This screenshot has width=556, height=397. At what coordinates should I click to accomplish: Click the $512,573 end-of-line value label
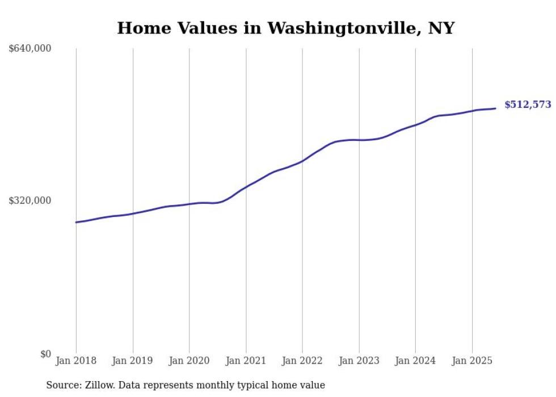pos(527,105)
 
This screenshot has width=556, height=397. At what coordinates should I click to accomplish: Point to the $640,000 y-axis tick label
pos(30,49)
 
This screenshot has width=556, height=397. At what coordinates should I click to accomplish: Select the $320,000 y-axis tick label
pos(30,200)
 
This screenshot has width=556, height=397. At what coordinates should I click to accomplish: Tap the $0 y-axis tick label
pos(45,354)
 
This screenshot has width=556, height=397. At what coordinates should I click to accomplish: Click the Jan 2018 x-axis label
pos(76,361)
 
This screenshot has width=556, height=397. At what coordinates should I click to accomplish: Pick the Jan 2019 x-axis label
pos(133,361)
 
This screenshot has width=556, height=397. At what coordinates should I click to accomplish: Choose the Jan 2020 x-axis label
pos(189,361)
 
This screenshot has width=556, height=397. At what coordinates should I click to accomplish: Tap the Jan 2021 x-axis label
pos(246,361)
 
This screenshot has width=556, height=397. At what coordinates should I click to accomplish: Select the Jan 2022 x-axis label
pos(302,361)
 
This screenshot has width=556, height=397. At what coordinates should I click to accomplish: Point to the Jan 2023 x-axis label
pos(359,361)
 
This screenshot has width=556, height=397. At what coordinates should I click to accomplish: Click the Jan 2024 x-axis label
pos(415,361)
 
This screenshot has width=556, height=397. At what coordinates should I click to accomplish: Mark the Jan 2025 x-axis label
pos(472,361)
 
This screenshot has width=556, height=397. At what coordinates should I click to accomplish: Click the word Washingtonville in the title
pos(340,28)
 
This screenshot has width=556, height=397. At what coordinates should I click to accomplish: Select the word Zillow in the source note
pos(100,385)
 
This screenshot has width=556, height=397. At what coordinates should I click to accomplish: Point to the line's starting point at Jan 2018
pos(76,222)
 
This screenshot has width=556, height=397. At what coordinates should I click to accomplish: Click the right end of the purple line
pos(495,108)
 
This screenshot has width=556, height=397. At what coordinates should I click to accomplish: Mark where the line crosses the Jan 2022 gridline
pos(302,161)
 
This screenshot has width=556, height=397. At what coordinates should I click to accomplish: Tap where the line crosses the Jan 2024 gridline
pos(415,124)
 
